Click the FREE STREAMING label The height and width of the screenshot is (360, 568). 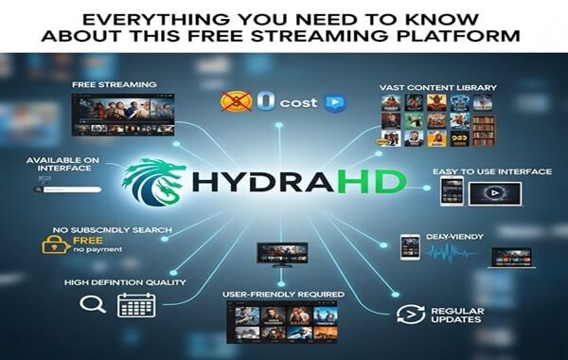pos(114,85)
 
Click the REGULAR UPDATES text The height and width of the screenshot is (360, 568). pos(457,315)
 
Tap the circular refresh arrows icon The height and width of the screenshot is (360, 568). pos(408,315)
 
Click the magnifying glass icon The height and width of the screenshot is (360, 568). pos(91,304)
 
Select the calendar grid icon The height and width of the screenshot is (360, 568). pos(135,304)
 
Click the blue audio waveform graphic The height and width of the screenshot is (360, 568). pos(453,253)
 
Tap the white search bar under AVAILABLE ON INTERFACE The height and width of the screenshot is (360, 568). pos(72,189)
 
